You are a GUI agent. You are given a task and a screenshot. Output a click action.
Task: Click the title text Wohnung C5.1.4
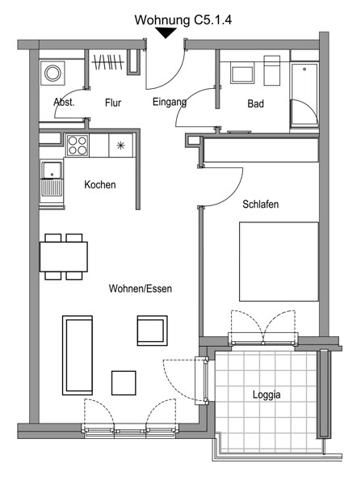[183, 20]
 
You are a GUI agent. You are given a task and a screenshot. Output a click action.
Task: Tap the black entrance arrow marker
[166, 33]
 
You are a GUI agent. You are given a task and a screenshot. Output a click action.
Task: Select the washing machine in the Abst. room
[52, 74]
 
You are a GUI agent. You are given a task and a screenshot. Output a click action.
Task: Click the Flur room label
[113, 103]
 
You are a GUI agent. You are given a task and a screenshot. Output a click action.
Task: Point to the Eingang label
[170, 102]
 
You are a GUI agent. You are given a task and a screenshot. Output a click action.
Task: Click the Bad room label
[255, 103]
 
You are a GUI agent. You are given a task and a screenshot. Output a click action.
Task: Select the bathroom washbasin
[242, 74]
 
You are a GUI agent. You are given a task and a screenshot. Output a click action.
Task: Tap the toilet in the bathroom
[272, 70]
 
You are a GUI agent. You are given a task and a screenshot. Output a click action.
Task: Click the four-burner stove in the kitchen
[78, 145]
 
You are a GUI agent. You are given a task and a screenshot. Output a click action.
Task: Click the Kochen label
[100, 185]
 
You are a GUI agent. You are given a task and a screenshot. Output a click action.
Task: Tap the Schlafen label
[261, 205]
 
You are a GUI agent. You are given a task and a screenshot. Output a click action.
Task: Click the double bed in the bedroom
[279, 261]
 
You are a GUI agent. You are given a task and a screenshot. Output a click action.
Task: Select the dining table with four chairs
[64, 257]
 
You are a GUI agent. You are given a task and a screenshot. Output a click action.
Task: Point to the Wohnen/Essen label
[141, 289]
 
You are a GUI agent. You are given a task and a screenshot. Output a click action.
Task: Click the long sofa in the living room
[78, 355]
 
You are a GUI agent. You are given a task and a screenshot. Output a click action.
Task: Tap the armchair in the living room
[153, 331]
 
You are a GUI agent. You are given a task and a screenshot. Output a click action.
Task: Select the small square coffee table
[124, 383]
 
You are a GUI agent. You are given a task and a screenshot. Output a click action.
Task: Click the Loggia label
[267, 394]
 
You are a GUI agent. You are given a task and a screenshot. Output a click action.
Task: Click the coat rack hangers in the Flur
[108, 62]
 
